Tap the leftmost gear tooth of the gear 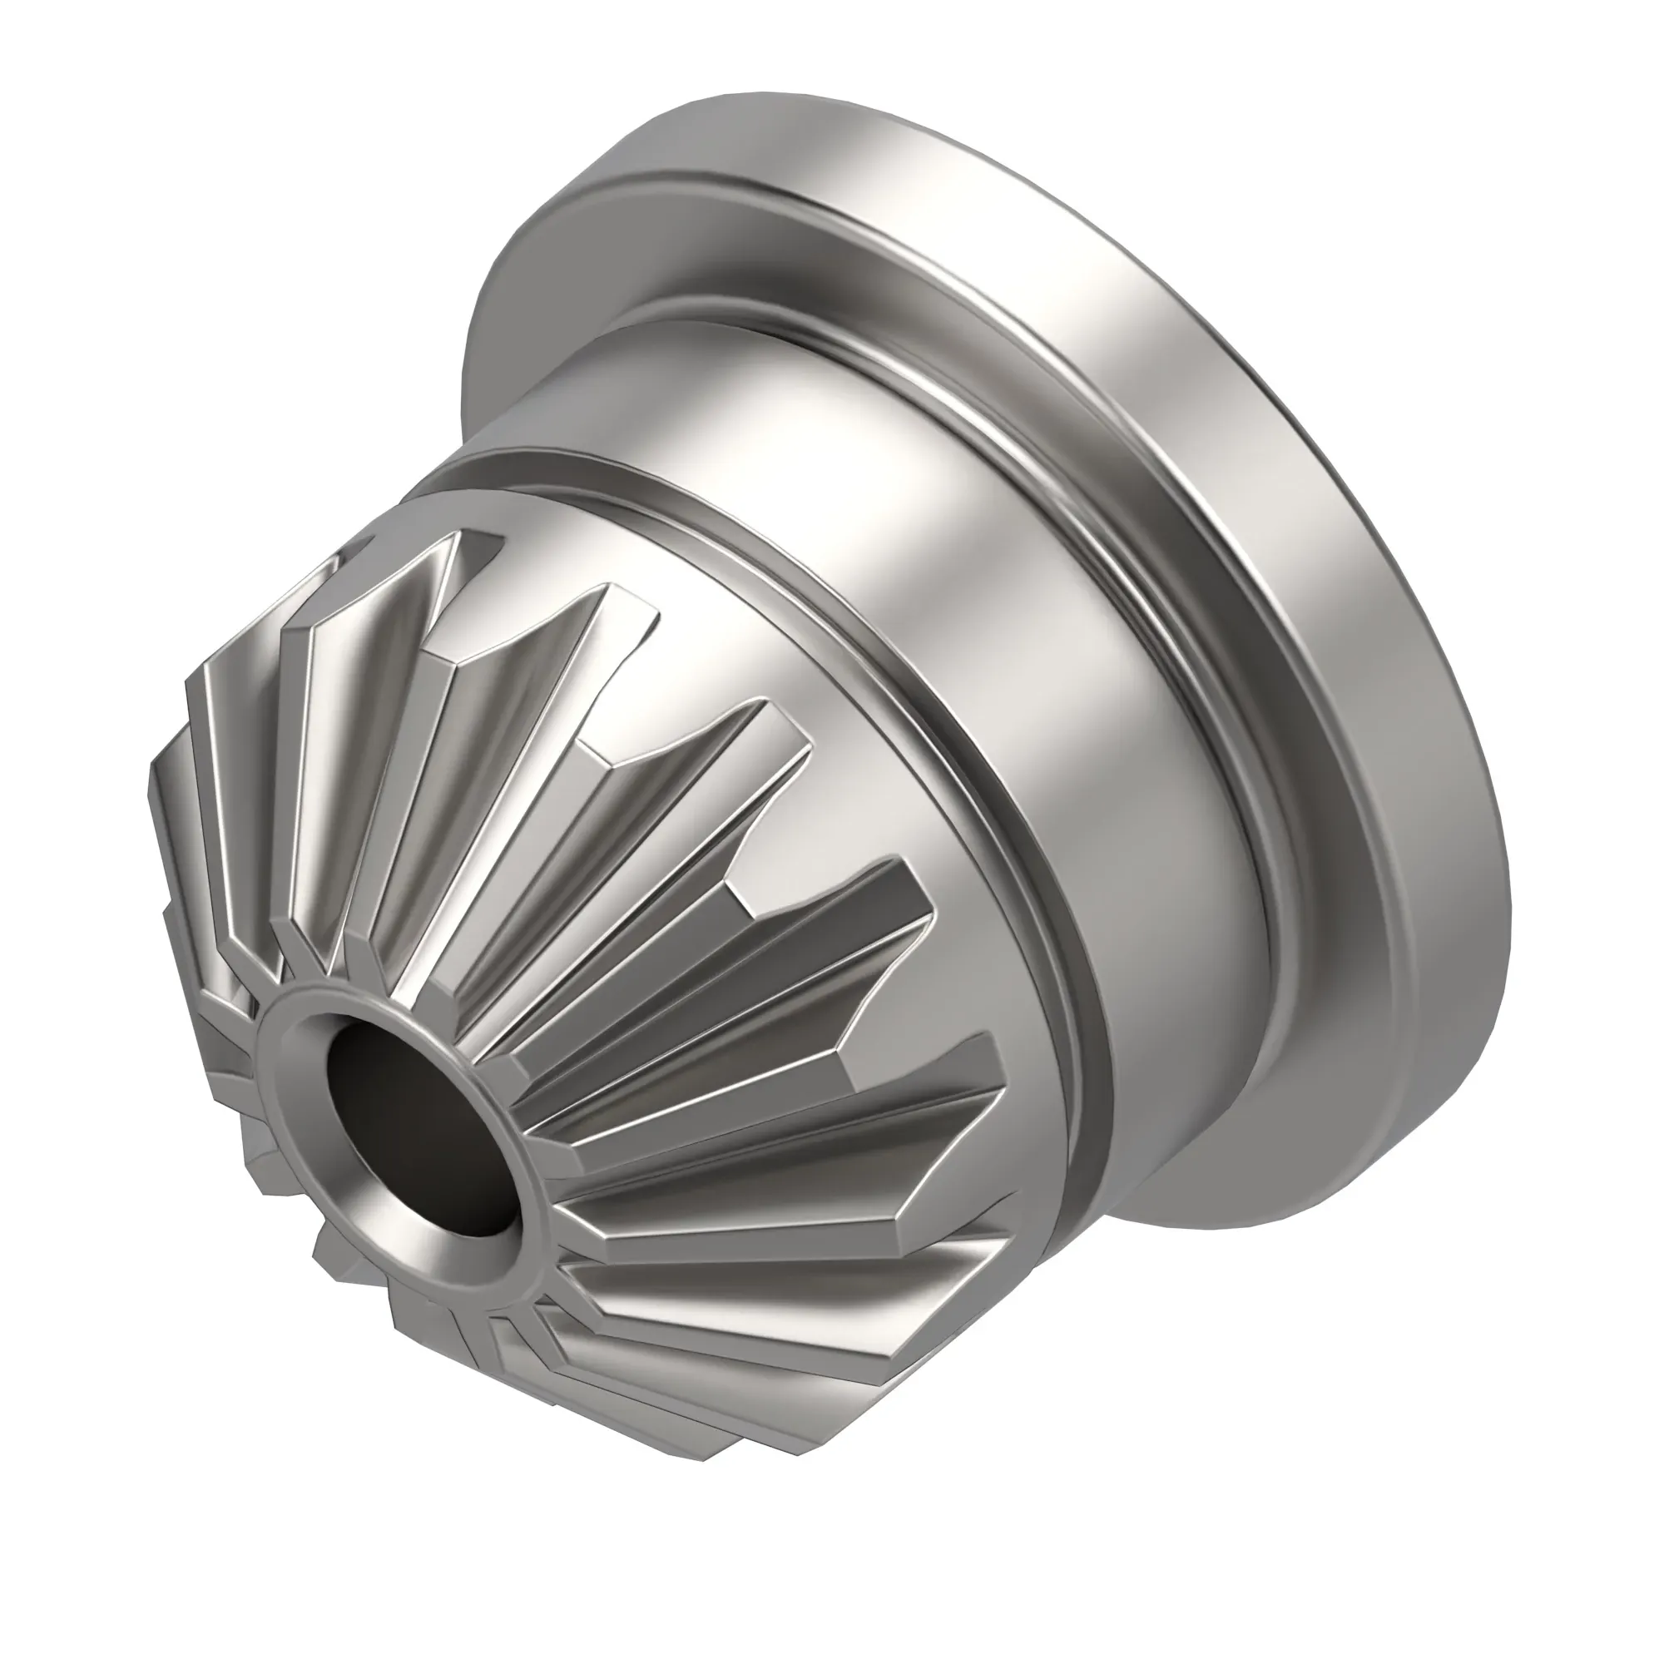(x=172, y=827)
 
